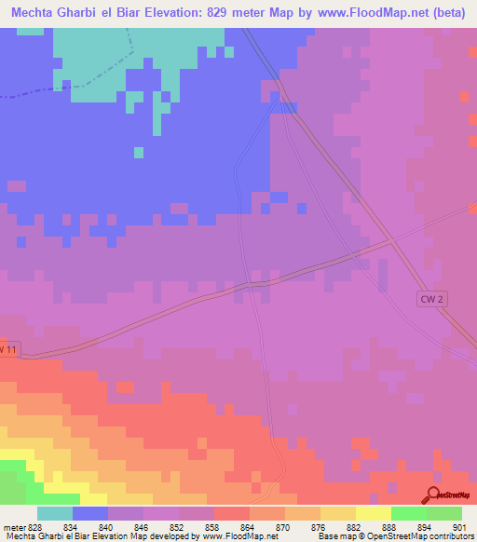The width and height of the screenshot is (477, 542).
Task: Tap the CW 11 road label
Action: click(x=7, y=348)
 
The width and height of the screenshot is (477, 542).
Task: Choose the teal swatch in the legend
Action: click(x=55, y=512)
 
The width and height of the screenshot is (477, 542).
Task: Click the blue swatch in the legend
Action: click(x=90, y=512)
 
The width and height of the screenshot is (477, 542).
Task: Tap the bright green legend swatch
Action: click(x=408, y=512)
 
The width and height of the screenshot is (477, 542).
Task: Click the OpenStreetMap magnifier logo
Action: click(x=433, y=495)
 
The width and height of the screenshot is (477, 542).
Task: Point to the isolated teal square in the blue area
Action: click(x=139, y=152)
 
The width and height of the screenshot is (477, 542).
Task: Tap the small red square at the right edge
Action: click(x=464, y=96)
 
